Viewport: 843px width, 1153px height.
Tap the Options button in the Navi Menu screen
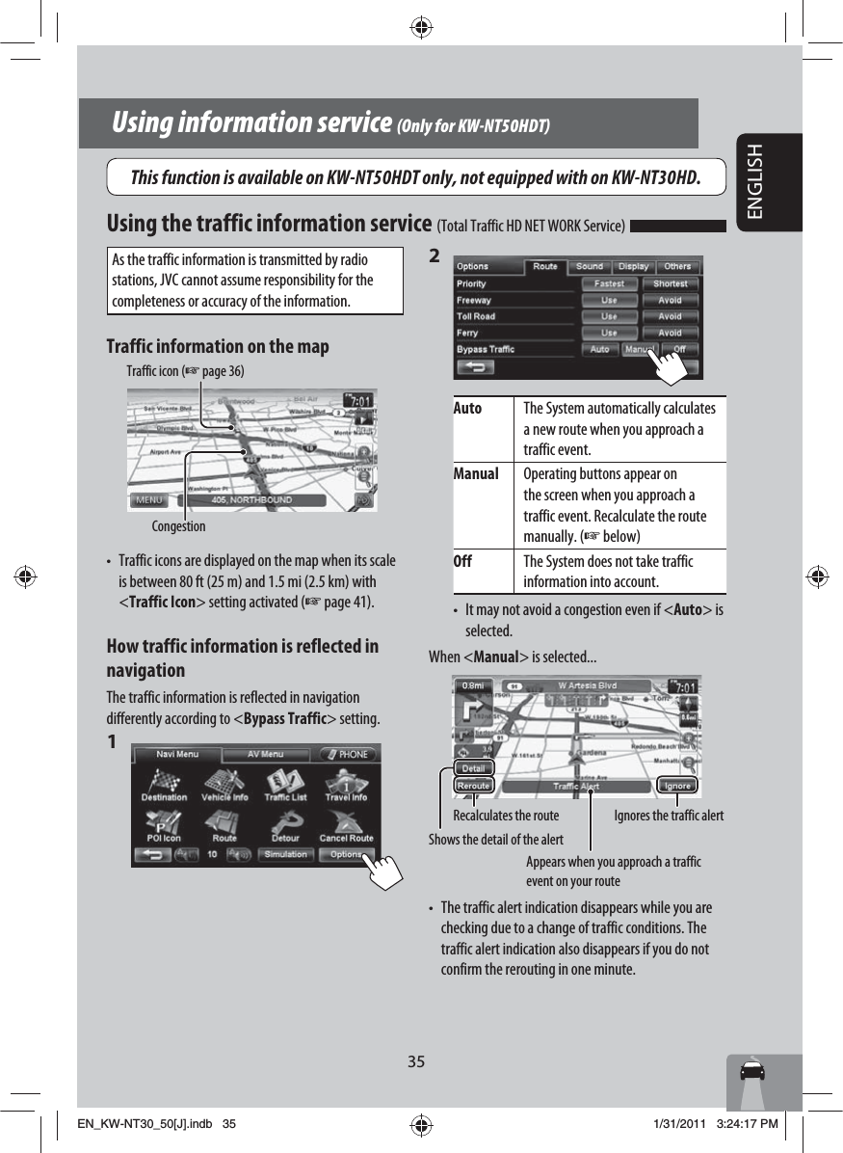(345, 854)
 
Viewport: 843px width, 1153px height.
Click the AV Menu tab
(265, 754)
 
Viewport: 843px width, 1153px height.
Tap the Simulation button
(286, 854)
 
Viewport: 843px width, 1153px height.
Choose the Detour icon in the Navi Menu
(285, 826)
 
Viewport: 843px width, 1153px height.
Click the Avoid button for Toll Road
(670, 316)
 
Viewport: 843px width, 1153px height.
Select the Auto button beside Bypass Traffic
(599, 349)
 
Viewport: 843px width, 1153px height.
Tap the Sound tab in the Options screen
(590, 266)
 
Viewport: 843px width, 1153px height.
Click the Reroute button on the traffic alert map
(473, 786)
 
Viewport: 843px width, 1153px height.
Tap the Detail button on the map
(473, 768)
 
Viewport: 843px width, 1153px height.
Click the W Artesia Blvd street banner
(588, 686)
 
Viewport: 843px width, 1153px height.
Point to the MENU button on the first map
(148, 500)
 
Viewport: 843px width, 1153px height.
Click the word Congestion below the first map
(178, 526)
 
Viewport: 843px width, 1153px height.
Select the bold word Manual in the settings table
(476, 474)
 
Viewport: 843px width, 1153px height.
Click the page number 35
(415, 1061)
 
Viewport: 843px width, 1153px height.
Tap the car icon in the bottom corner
(752, 1072)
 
